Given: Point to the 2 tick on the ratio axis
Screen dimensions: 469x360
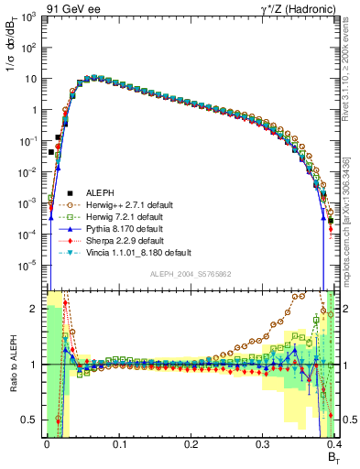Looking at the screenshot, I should coord(36,309).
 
